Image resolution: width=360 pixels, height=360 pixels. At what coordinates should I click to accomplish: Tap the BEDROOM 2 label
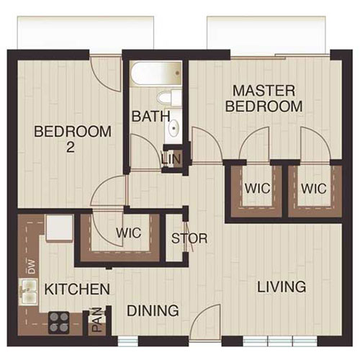(73, 139)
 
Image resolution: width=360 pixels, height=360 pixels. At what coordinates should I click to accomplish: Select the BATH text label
(150, 115)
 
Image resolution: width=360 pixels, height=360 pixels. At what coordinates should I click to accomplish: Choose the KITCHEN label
(77, 289)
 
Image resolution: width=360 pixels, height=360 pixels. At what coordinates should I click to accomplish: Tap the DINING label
(153, 311)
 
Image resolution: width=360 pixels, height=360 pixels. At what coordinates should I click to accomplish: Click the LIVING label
(282, 287)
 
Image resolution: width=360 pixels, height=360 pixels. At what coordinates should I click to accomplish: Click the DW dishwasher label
(31, 267)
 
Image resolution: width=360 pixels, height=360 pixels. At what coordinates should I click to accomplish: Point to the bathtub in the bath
(156, 73)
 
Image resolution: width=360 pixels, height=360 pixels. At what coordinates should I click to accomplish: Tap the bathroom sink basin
(174, 130)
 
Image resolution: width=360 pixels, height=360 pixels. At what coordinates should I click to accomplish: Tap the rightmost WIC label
(314, 189)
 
